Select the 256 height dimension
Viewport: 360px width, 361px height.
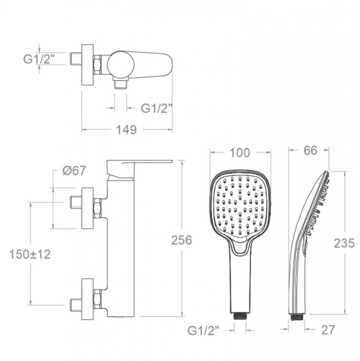(x=181, y=240)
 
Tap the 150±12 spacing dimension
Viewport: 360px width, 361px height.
(x=30, y=254)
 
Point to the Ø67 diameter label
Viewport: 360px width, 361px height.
(x=74, y=171)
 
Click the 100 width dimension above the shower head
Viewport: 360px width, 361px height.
(x=239, y=153)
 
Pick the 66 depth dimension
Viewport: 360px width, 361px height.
(x=310, y=150)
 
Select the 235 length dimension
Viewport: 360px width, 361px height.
(x=344, y=243)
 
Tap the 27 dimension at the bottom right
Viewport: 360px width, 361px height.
(x=328, y=330)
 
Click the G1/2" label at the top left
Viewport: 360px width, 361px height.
(x=39, y=59)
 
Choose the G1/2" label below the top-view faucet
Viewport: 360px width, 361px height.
(x=157, y=108)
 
